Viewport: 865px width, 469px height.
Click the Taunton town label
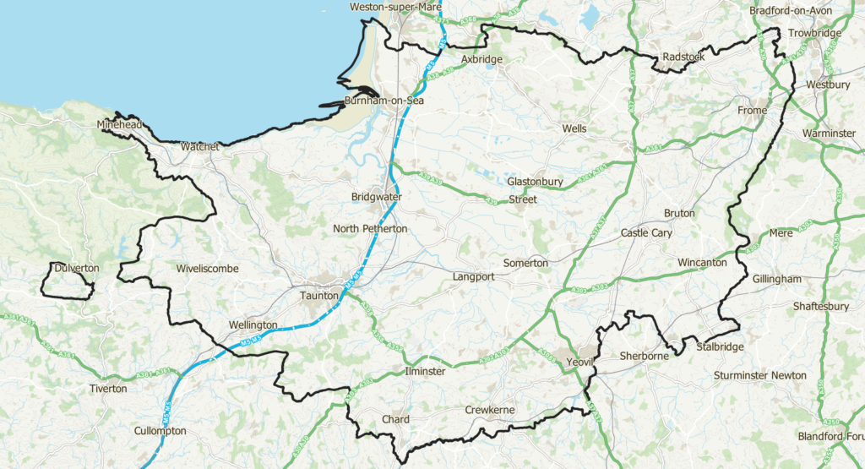tap(318, 296)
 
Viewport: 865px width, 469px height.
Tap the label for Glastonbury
tap(535, 182)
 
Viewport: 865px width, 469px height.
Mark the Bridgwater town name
tap(376, 197)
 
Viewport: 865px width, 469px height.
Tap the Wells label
tap(574, 128)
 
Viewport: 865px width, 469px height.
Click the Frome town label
tap(752, 111)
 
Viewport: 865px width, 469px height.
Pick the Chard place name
tap(395, 419)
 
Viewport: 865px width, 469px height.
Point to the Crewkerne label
tap(489, 410)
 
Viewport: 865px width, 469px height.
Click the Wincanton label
tap(702, 263)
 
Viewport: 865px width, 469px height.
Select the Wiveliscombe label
tap(208, 269)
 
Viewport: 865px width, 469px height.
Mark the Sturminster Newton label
tap(759, 375)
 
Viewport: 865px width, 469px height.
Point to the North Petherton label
tap(370, 229)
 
